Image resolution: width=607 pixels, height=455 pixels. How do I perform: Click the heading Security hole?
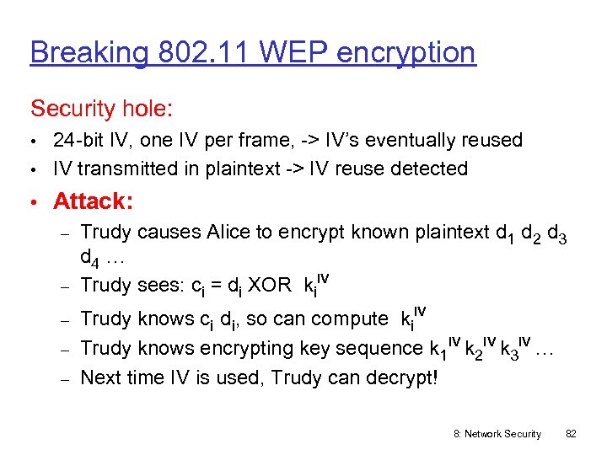102,109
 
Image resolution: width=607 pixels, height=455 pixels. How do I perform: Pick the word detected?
431,169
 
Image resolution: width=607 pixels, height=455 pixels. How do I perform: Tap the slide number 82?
571,433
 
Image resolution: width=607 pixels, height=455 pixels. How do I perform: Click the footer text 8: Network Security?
497,433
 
